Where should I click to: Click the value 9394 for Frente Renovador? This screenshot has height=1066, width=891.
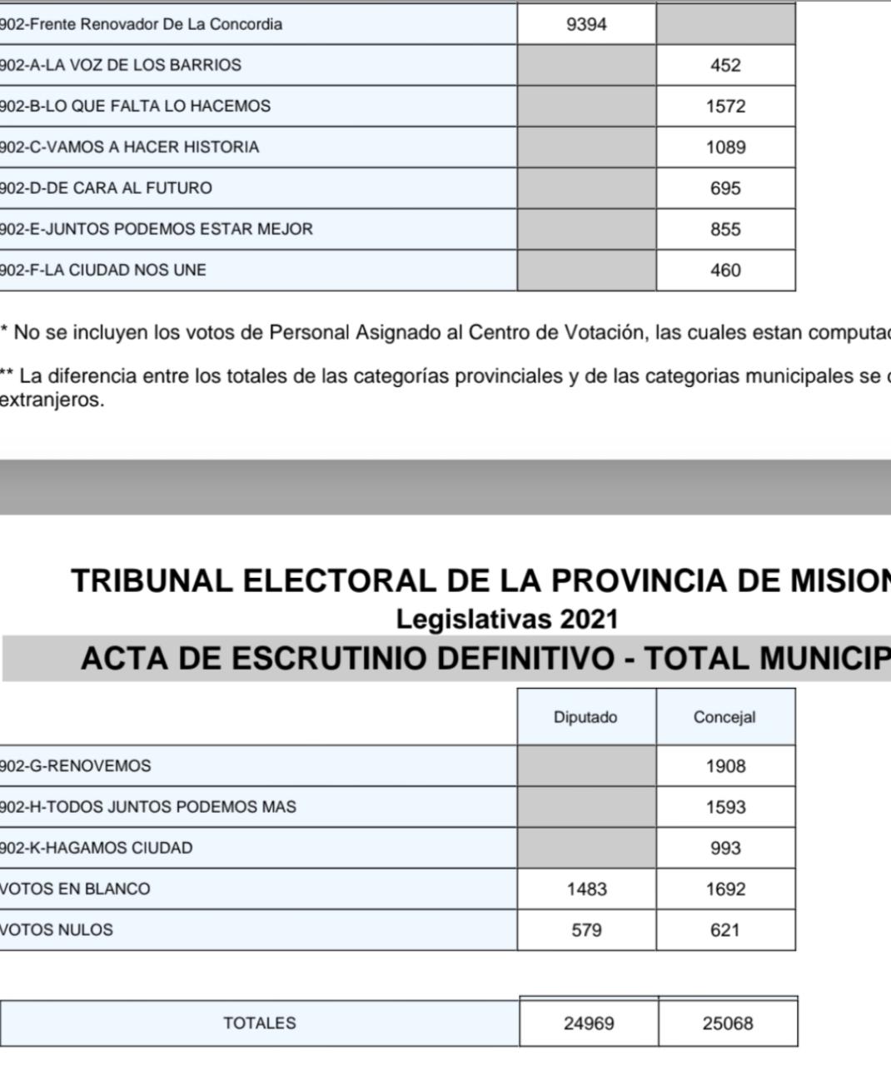[586, 24]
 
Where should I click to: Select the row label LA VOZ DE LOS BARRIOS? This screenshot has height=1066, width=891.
[121, 65]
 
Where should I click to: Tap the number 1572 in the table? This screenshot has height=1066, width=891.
[725, 107]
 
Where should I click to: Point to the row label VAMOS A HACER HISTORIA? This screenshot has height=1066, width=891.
[129, 147]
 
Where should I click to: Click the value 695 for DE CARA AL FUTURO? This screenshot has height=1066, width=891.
[725, 188]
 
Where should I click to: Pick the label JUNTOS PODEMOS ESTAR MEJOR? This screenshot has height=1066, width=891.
[156, 229]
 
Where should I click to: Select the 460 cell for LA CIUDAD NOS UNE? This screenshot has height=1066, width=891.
[725, 271]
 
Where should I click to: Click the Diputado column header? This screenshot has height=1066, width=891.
[585, 717]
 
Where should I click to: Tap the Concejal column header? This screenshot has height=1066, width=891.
[724, 717]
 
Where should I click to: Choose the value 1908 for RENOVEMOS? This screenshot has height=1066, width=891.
[725, 766]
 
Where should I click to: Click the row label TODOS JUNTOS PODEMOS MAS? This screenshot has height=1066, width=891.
[147, 807]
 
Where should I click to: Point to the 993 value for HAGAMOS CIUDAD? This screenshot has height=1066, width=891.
[725, 848]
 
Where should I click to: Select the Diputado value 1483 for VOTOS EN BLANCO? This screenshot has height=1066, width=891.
[586, 889]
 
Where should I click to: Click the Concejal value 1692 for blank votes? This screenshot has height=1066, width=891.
[725, 889]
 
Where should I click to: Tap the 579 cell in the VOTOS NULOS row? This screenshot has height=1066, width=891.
[586, 930]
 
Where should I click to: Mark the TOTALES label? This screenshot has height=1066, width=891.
[259, 1024]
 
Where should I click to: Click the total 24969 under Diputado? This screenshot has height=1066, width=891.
[589, 1024]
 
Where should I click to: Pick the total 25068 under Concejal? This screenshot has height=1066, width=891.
[728, 1024]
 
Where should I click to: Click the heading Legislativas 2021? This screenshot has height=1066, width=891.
[507, 620]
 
